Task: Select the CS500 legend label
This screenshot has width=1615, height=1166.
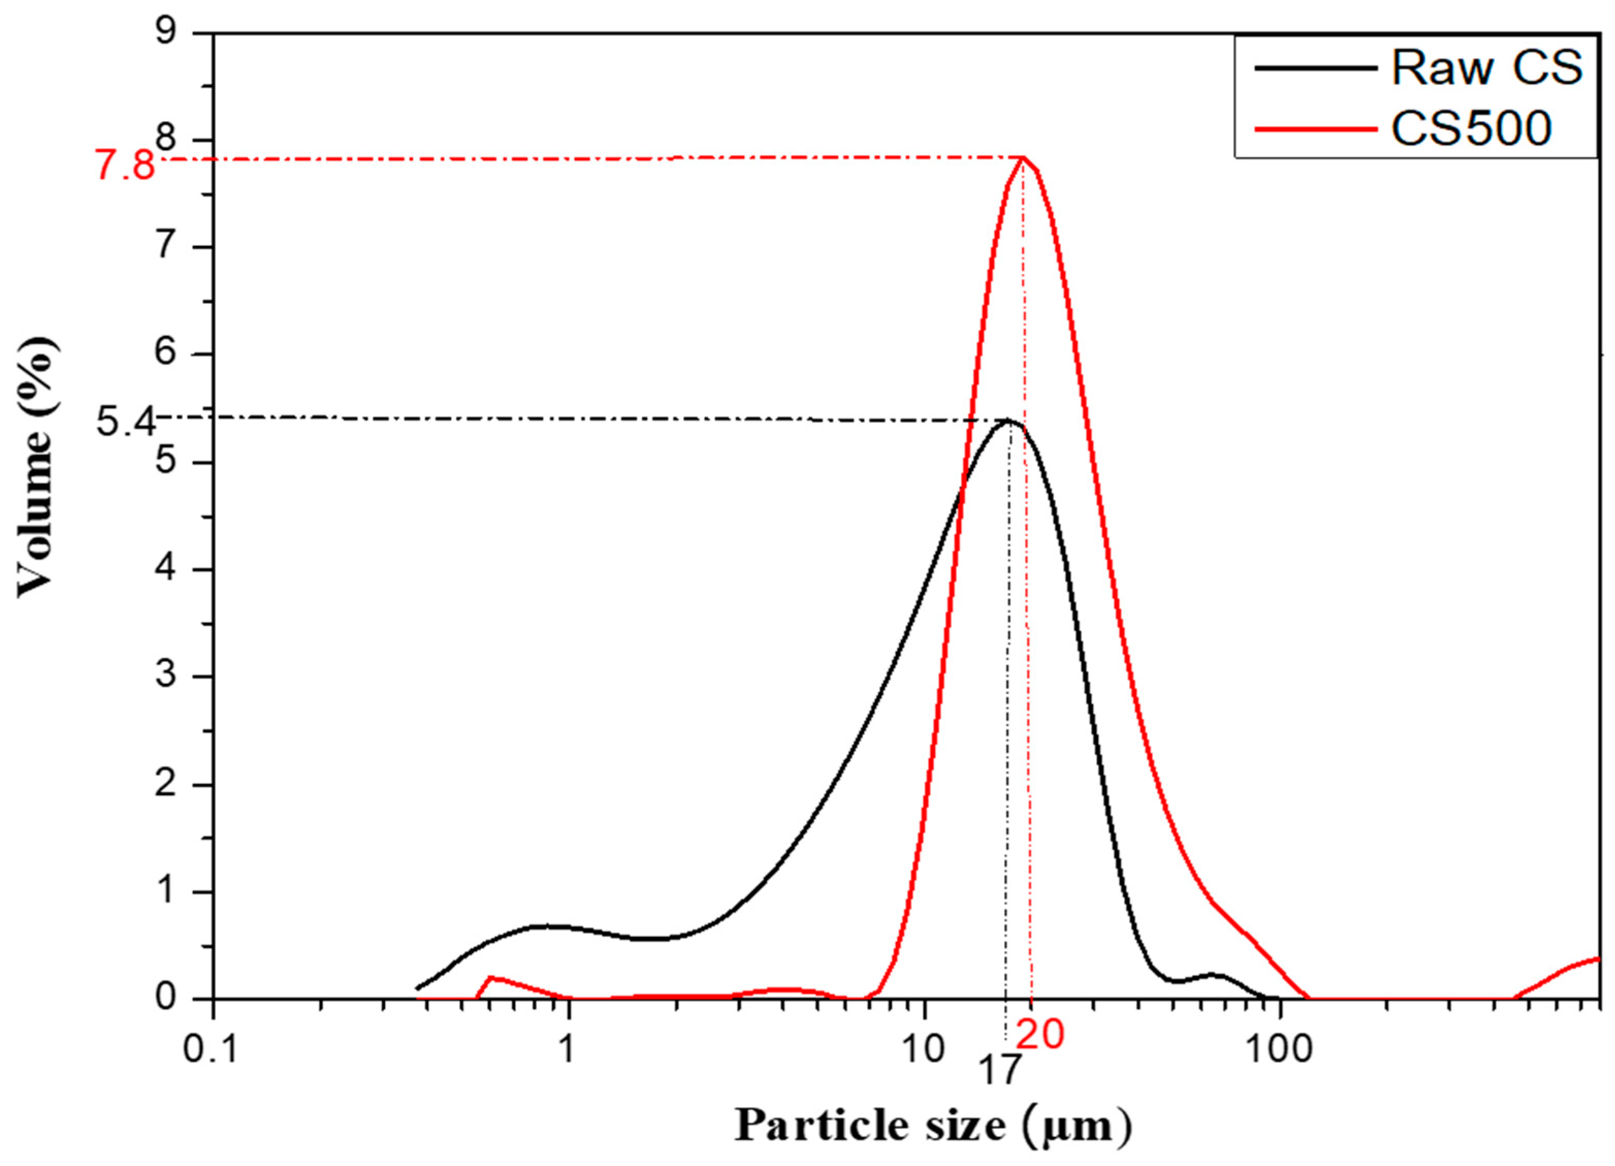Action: tap(1471, 129)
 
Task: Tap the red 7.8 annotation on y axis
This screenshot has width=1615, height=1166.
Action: tap(125, 168)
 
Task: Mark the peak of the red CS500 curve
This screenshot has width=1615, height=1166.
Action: tap(1023, 157)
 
